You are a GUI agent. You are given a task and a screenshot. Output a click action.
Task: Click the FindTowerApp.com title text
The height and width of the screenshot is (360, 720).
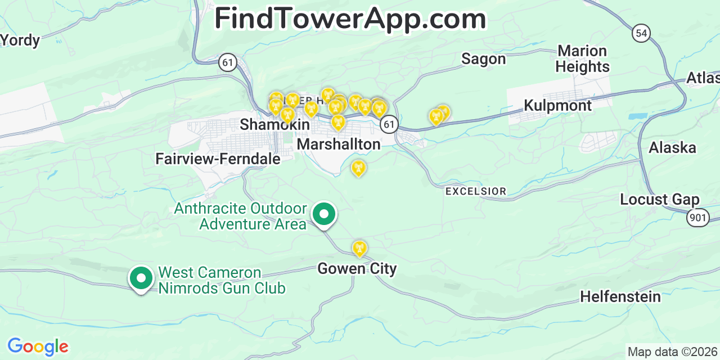coord(350,19)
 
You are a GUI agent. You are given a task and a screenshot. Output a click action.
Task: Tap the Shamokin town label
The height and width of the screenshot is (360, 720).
coord(274,124)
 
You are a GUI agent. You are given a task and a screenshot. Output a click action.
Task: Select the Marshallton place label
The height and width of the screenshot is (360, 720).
coord(339,144)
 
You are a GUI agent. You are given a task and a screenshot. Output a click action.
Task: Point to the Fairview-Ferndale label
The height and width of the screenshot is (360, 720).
coord(218,159)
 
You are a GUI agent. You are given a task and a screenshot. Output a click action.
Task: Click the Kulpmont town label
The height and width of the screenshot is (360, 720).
coord(557,106)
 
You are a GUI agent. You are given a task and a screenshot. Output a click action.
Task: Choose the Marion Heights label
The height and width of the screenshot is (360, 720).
coord(582,59)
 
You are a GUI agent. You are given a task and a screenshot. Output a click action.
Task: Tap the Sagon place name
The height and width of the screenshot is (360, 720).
coord(483,59)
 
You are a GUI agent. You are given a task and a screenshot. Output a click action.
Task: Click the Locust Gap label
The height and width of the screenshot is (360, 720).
coord(659,200)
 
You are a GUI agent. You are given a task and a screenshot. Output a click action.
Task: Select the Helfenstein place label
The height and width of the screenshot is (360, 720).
coord(620,296)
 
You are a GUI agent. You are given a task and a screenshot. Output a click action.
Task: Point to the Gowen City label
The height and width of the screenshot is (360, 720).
coord(357,269)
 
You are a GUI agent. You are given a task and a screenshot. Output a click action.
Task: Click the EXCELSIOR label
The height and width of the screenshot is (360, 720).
coord(475,192)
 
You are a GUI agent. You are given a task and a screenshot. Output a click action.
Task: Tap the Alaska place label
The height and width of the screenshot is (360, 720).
coord(672,148)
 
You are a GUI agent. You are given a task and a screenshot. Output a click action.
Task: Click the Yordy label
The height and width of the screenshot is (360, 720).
coord(20,40)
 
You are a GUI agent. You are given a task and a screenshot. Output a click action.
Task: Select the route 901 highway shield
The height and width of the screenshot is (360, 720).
coord(697,218)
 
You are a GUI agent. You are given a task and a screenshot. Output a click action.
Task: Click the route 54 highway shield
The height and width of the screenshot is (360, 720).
coord(641,33)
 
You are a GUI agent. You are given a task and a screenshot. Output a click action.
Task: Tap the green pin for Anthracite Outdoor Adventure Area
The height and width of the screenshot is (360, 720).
coord(324,215)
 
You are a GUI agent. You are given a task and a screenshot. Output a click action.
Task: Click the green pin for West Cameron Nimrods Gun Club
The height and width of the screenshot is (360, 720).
coord(141,278)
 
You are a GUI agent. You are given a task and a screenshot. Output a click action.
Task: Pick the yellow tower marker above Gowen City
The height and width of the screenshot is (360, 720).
coord(359,248)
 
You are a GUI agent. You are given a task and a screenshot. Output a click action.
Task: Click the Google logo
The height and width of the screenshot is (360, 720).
coord(37,346)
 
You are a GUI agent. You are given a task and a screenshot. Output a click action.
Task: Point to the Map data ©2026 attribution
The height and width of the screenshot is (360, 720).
coord(673,352)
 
